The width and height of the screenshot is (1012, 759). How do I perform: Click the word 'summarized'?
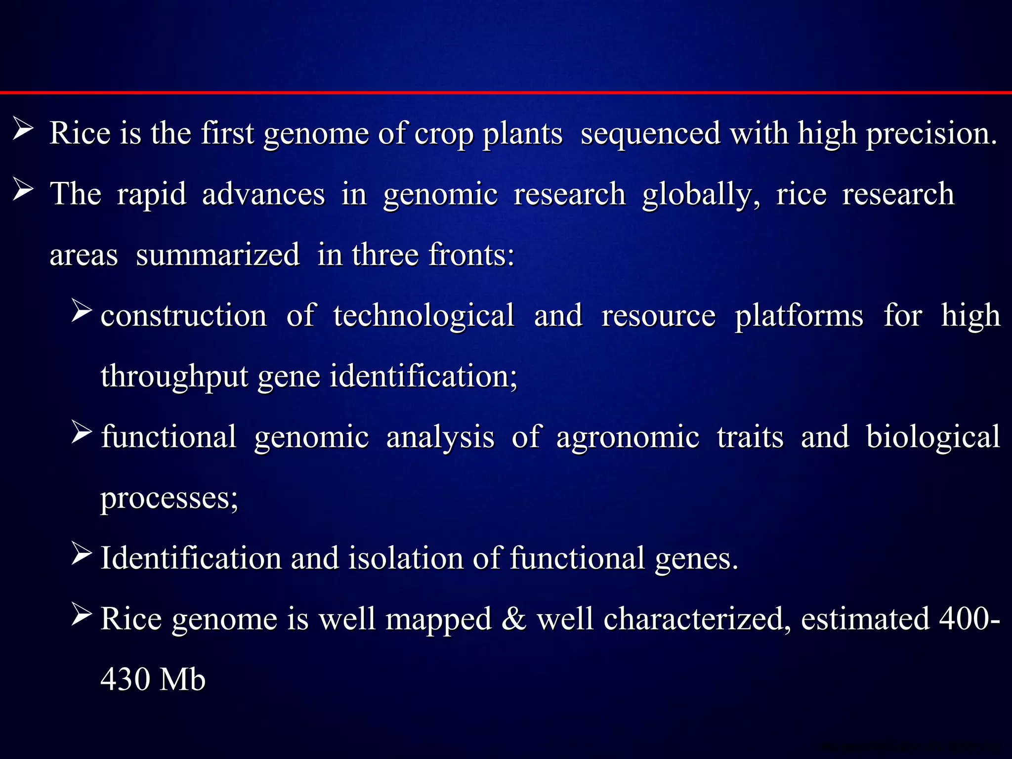coord(218,255)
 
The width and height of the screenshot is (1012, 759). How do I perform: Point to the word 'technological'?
coord(423,316)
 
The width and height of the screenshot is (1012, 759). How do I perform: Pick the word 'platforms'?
coord(799,316)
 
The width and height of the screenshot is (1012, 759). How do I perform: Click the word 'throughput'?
coord(174,377)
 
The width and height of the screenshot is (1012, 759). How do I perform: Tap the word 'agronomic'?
coord(628,437)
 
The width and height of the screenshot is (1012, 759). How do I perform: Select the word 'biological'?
coord(933,437)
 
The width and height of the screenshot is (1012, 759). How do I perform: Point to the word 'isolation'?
coord(406,558)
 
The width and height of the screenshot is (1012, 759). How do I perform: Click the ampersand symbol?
coord(514,619)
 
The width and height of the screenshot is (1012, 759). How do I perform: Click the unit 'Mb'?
coord(182,679)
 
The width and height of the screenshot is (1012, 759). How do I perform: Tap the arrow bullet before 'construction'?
coord(82,311)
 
